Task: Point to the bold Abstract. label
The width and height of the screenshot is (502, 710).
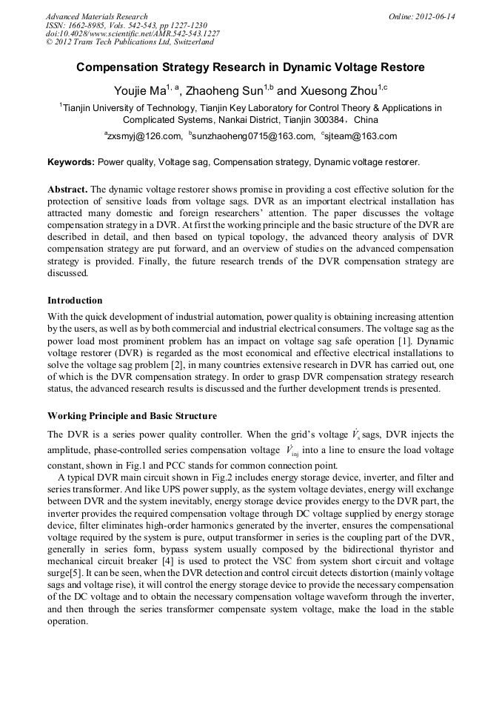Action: pyautogui.click(x=67, y=190)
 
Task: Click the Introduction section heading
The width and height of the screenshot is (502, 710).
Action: pyautogui.click(x=75, y=301)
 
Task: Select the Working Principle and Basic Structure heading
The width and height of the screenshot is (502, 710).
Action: pyautogui.click(x=132, y=415)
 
